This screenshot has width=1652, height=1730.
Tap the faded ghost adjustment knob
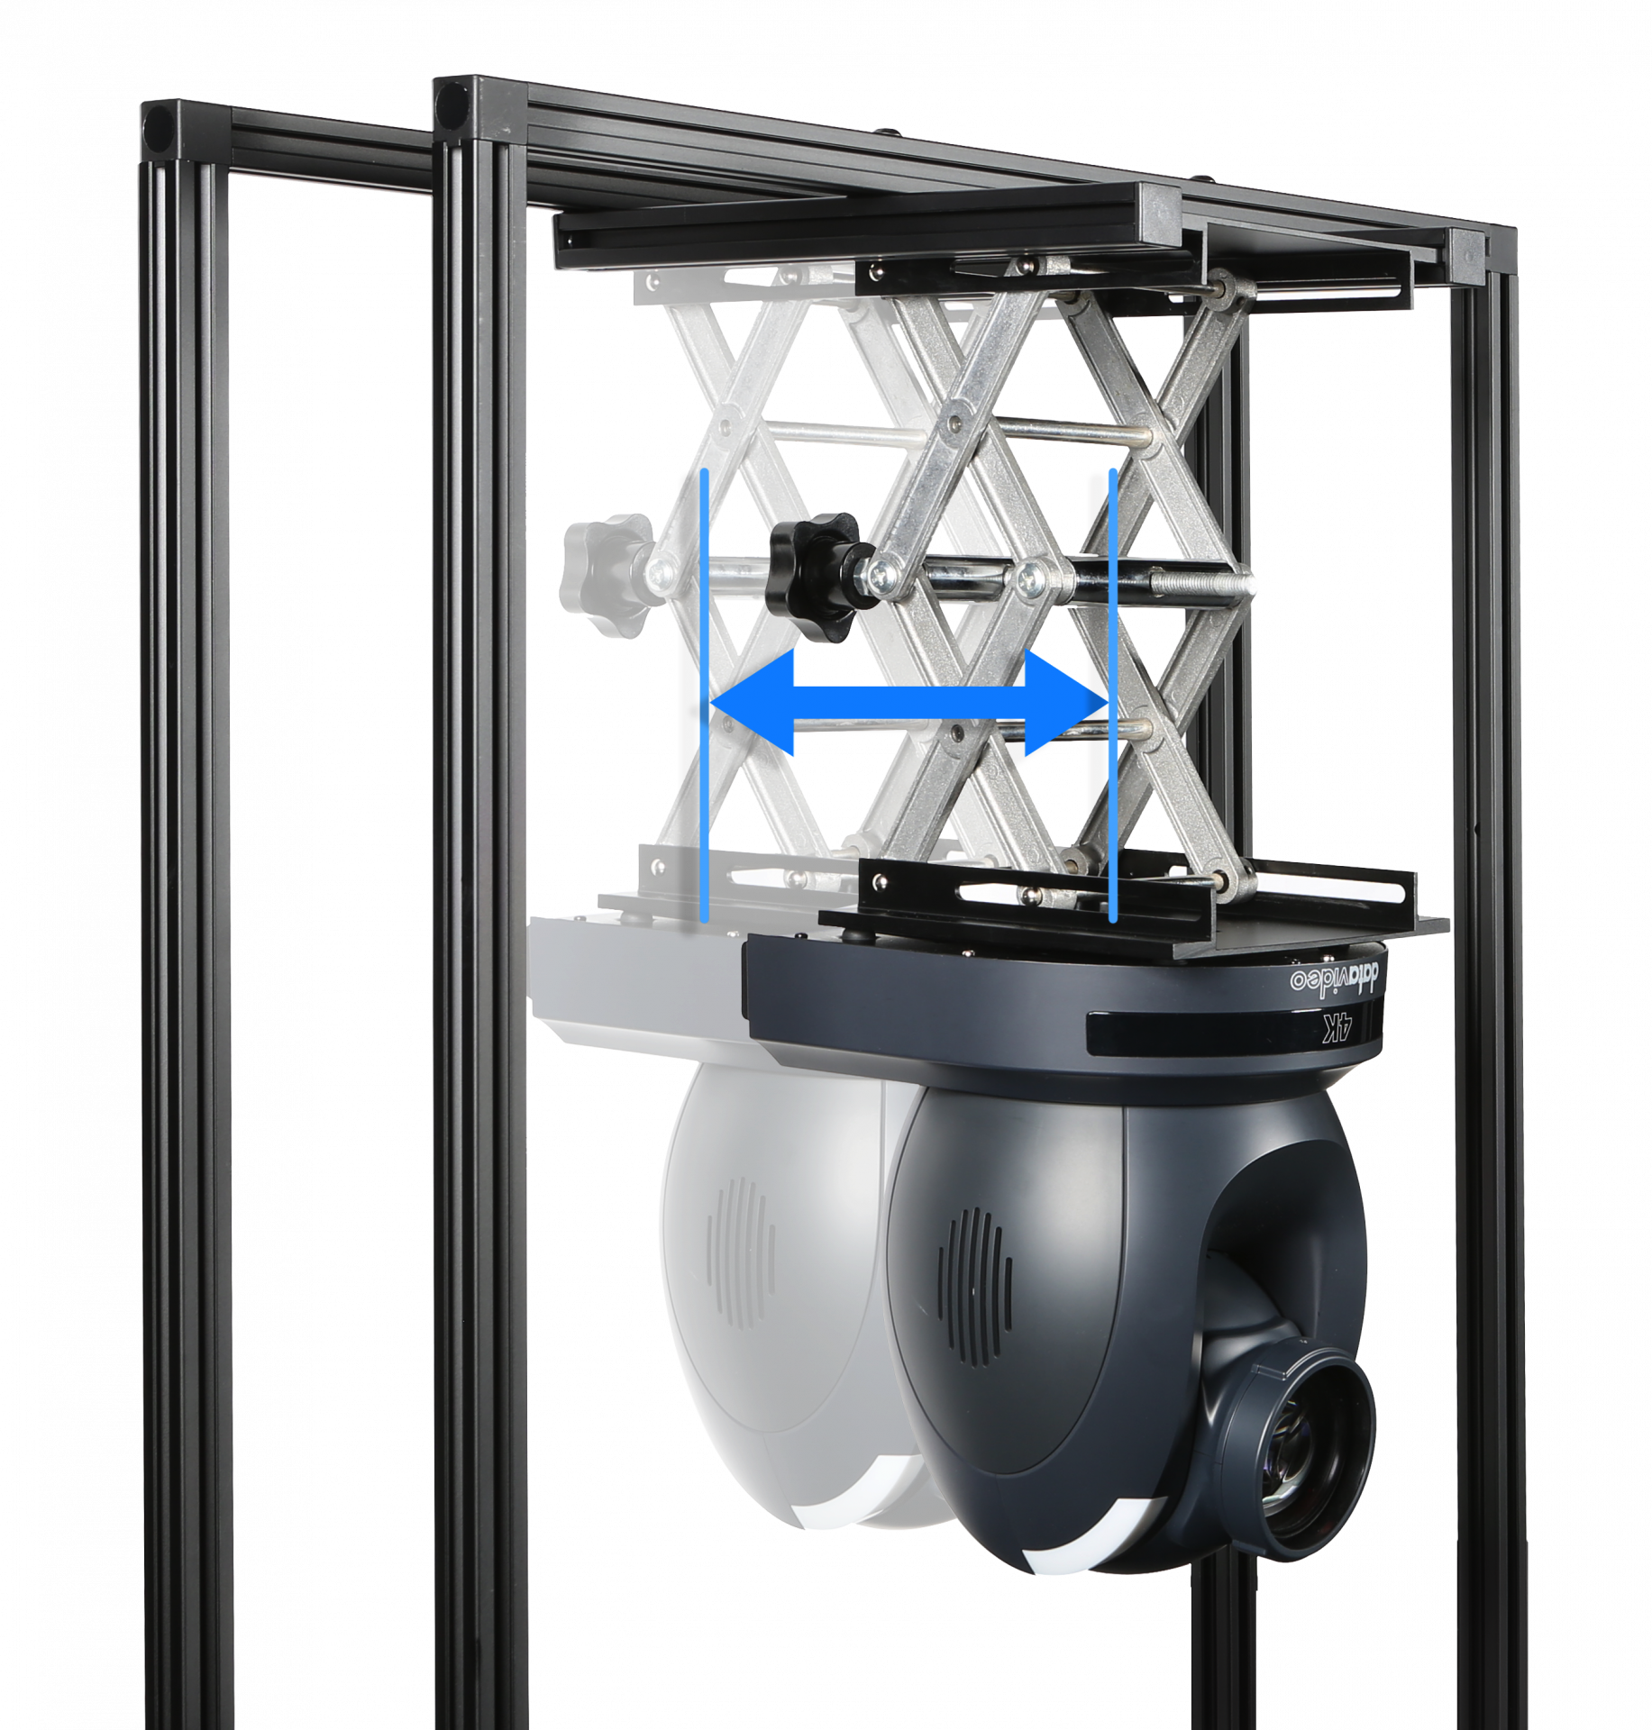pyautogui.click(x=606, y=574)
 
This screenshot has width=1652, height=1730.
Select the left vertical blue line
pyautogui.click(x=704, y=694)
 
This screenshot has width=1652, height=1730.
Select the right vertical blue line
pyautogui.click(x=1113, y=694)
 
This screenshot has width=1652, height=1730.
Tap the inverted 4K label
pyautogui.click(x=1339, y=1027)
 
